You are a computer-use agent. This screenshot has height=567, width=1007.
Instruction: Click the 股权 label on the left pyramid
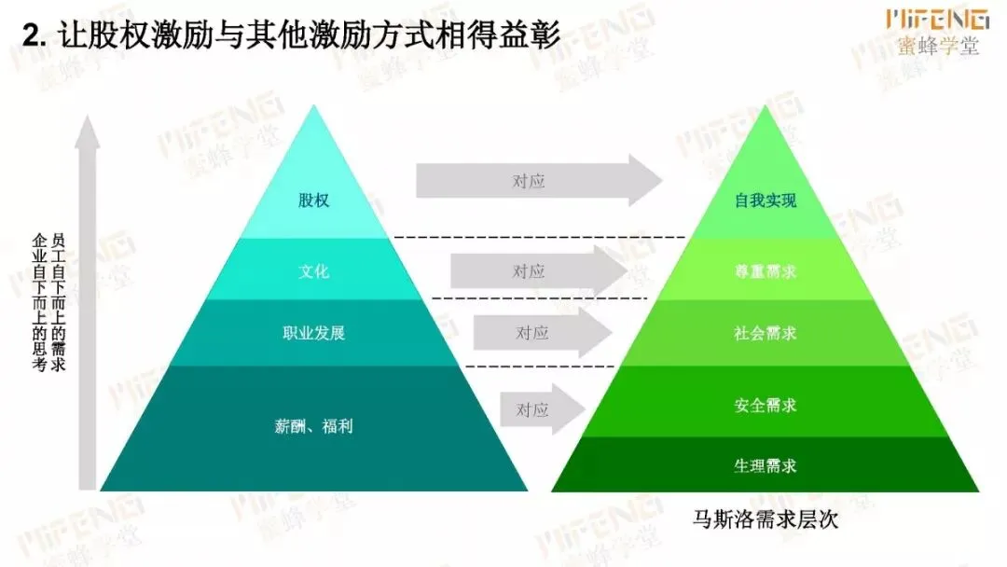point(313,201)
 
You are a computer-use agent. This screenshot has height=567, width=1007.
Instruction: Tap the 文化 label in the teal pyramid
point(313,272)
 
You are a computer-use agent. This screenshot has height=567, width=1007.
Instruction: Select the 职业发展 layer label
point(313,333)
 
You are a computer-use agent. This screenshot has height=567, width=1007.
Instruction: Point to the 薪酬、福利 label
point(313,426)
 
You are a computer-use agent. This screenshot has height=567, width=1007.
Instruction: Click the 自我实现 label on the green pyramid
point(766,201)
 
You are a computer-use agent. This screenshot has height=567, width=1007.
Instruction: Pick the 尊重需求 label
point(766,272)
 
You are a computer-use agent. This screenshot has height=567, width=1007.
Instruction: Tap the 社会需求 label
point(766,333)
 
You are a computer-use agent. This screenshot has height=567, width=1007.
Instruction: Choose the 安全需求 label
point(766,406)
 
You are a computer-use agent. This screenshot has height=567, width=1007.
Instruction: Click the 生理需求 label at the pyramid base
point(766,464)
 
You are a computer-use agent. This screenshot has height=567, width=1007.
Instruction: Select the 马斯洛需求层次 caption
point(766,519)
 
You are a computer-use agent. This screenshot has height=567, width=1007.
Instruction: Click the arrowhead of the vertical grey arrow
point(87,131)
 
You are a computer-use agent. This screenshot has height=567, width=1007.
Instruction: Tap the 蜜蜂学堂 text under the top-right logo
point(939,47)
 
